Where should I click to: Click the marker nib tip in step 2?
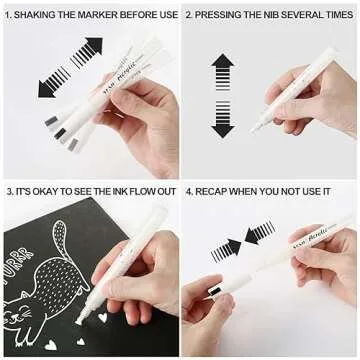pyautogui.click(x=256, y=127)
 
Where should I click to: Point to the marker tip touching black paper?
pyautogui.click(x=80, y=318)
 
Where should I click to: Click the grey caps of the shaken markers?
pyautogui.click(x=60, y=131)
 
